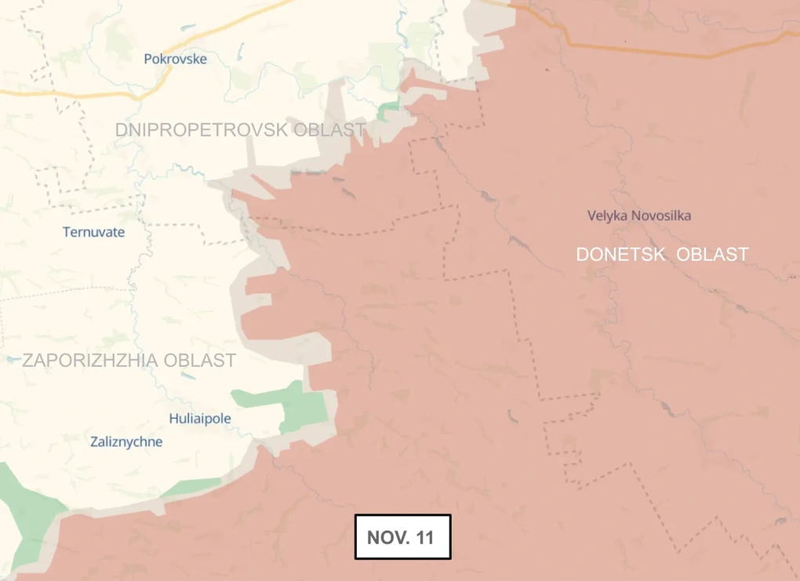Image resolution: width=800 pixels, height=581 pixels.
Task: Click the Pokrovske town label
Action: tap(175, 59)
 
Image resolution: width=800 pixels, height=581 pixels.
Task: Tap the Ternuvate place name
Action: tap(93, 232)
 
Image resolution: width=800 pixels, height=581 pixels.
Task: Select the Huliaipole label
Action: tap(200, 419)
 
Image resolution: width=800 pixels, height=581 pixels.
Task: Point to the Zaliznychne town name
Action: tap(126, 441)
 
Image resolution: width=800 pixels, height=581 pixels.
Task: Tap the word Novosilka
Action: tap(663, 216)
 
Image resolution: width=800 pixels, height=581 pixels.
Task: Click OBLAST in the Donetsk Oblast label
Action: tap(712, 255)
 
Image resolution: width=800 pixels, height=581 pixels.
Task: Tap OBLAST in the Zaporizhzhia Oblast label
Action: tap(200, 361)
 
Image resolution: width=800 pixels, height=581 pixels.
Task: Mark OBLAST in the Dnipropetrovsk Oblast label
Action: tap(329, 129)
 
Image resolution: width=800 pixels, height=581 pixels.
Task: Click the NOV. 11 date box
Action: tap(402, 537)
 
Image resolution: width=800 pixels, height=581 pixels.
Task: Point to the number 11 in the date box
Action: tap(424, 538)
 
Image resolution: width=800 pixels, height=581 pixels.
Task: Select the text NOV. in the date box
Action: tap(387, 538)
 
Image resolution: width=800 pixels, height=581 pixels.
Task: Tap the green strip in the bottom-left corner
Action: tap(24, 517)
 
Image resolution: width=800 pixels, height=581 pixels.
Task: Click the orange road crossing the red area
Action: tap(667, 52)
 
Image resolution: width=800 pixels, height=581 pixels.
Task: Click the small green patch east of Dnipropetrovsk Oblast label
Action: tap(388, 111)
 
